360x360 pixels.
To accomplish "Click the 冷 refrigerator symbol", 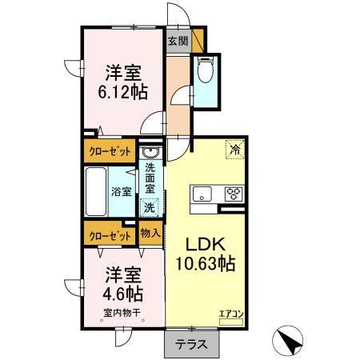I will [x=235, y=148].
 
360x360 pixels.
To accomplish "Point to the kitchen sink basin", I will [x=200, y=193].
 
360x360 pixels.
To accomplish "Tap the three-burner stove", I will [x=234, y=193].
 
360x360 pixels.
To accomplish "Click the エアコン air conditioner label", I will [x=230, y=314].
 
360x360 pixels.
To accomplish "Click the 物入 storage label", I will [x=150, y=234].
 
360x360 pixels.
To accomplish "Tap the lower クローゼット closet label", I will [x=109, y=236].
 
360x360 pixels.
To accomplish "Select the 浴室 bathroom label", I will [x=122, y=192].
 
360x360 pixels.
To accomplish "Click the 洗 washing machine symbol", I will [x=150, y=206].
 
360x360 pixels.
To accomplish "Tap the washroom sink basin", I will [x=150, y=153].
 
